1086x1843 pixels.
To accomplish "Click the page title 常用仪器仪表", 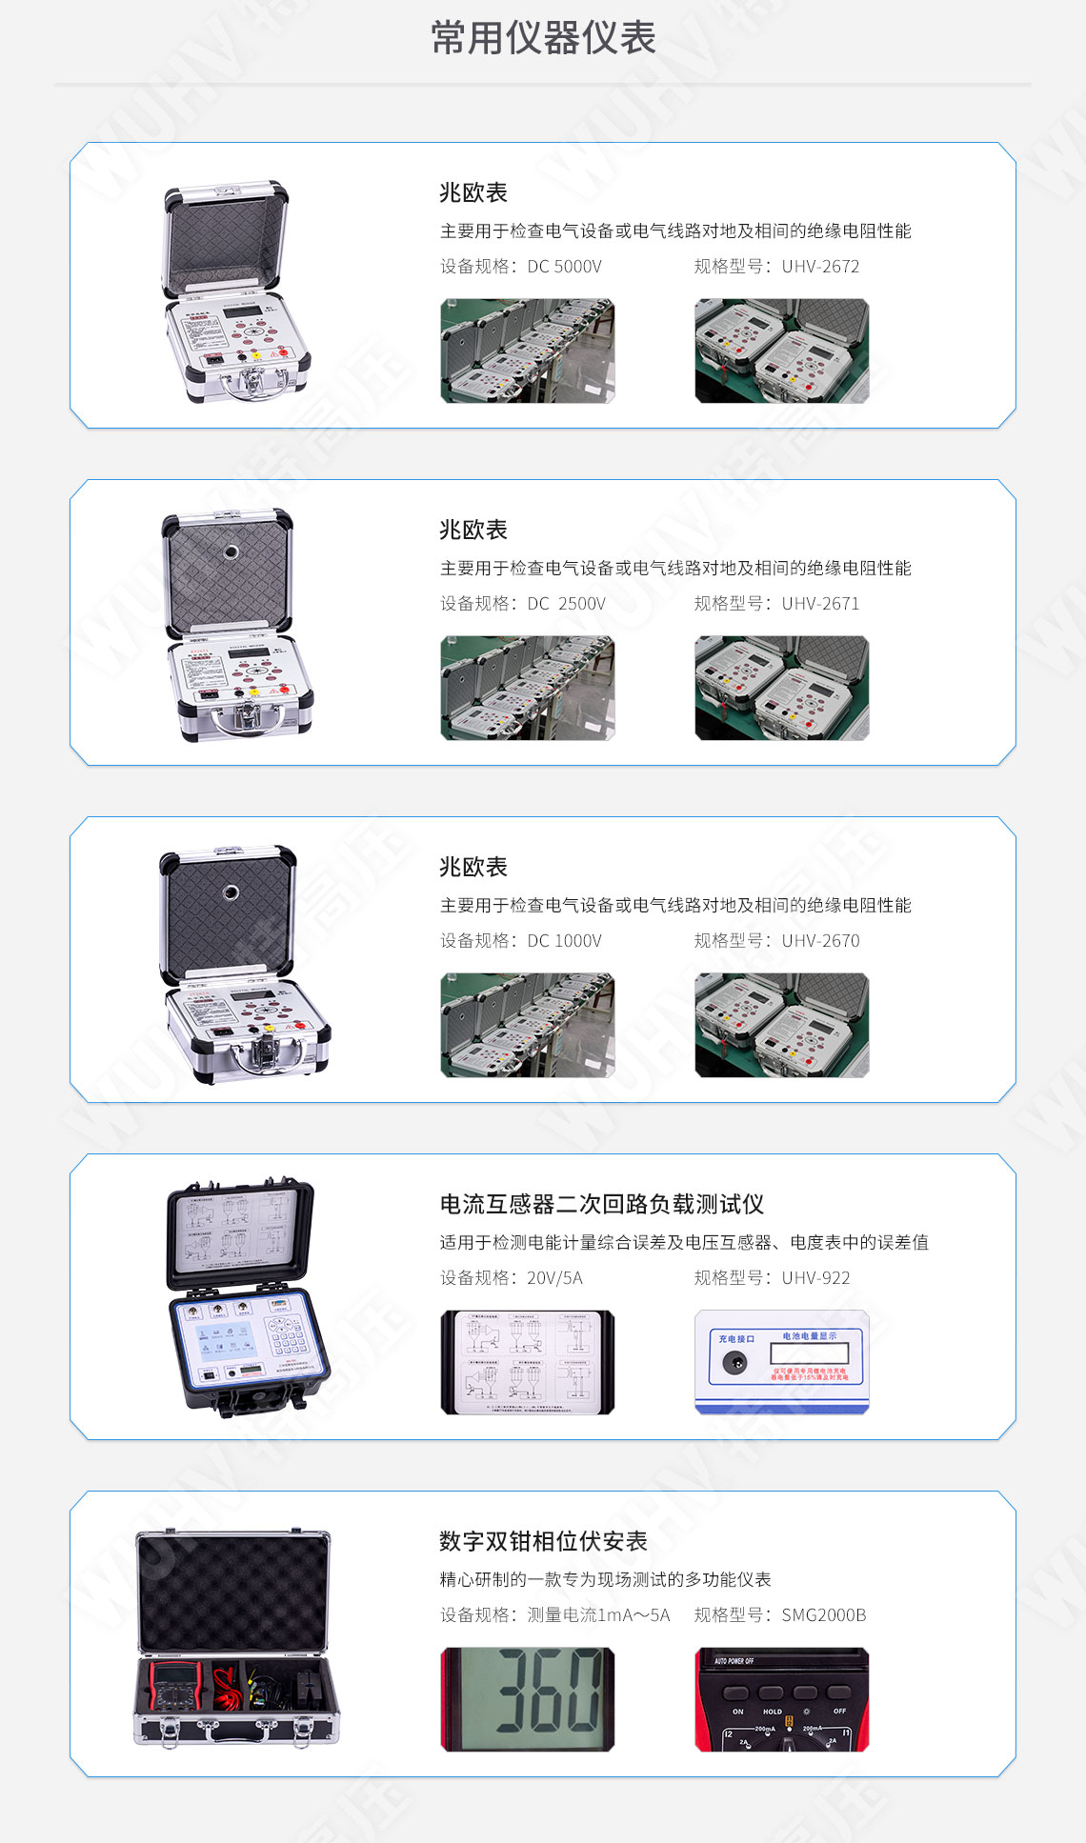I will [543, 38].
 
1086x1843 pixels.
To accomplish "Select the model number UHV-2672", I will [820, 267].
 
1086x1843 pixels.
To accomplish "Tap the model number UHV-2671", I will [820, 604].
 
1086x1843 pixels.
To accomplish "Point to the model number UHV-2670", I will [820, 941].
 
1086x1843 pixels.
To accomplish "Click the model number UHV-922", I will [815, 1278].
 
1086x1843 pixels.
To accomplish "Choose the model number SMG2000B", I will [824, 1615].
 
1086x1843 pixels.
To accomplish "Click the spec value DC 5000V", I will [564, 267].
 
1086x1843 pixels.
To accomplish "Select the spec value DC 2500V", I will [566, 604].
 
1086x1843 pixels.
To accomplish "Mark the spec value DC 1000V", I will [564, 941].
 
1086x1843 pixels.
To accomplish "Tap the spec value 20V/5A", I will [554, 1278].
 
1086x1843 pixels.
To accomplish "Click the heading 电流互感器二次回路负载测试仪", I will [602, 1205].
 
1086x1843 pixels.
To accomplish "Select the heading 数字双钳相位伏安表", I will [543, 1542].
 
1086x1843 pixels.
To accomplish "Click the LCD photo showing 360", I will [528, 1700].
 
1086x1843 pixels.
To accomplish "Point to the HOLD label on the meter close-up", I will [773, 1712].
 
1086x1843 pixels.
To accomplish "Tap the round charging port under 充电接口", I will [734, 1363].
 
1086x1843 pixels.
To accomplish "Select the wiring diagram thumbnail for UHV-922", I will [528, 1363].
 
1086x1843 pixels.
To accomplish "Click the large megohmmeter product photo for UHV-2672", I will [235, 290].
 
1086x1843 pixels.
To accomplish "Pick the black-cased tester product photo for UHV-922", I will [246, 1297].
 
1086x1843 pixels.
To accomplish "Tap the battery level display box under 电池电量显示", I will [808, 1354].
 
